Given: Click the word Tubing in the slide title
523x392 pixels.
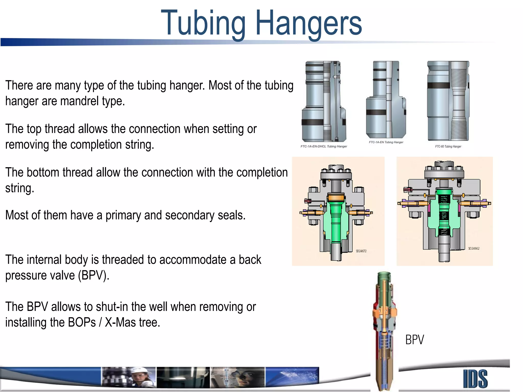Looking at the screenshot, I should [x=203, y=23].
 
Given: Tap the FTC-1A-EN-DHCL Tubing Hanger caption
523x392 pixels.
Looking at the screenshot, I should [x=324, y=146].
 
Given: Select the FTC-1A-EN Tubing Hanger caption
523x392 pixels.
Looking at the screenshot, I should [x=386, y=142].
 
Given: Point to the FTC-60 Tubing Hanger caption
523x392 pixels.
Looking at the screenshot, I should [x=448, y=146].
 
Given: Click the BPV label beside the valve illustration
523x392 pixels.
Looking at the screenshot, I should [x=414, y=340].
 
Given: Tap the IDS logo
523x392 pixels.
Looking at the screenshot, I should [x=475, y=379].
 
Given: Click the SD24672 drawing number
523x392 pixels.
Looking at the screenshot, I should [x=361, y=251].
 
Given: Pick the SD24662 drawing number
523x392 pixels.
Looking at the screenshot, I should [x=474, y=248].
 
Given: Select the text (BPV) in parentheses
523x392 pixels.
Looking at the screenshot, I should [x=93, y=276].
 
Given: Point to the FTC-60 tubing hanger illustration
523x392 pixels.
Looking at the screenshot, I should [x=448, y=101].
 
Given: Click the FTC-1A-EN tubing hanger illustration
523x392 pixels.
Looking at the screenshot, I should [x=386, y=100].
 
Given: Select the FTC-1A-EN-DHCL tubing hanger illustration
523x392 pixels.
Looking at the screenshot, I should [x=324, y=101].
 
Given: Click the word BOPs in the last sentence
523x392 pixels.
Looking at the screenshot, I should [x=82, y=323].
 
